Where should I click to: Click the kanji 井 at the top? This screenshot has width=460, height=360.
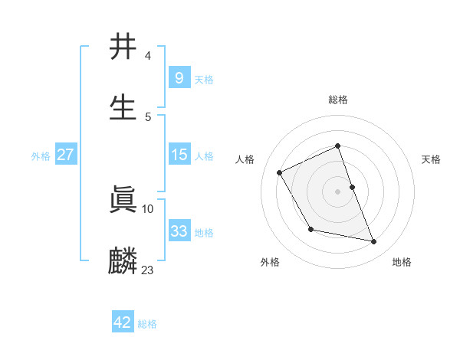click(x=123, y=47)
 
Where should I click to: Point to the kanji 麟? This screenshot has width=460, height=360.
click(x=123, y=260)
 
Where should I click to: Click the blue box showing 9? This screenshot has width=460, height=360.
click(x=179, y=77)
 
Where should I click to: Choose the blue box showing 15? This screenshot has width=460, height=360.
click(x=179, y=155)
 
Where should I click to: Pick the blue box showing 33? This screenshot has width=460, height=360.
click(x=179, y=231)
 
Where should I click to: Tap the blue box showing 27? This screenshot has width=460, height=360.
click(x=65, y=155)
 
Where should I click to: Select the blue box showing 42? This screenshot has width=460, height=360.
click(x=123, y=322)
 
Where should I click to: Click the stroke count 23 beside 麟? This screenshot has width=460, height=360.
click(x=148, y=270)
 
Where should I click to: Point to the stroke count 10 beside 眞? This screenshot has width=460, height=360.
click(x=148, y=208)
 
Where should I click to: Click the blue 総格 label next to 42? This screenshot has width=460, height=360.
click(x=147, y=324)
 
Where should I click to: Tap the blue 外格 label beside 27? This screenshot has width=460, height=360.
click(x=41, y=156)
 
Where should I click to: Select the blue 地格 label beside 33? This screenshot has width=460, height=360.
click(x=204, y=233)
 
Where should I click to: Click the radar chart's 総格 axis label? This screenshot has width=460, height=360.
click(x=338, y=100)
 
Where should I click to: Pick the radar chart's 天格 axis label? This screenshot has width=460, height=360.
click(x=432, y=159)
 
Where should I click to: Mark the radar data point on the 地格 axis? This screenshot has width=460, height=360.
click(x=374, y=242)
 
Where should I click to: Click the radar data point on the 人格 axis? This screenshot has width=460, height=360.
click(x=280, y=172)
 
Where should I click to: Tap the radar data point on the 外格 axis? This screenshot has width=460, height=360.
click(x=310, y=229)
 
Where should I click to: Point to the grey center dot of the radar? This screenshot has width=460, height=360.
click(x=338, y=191)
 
